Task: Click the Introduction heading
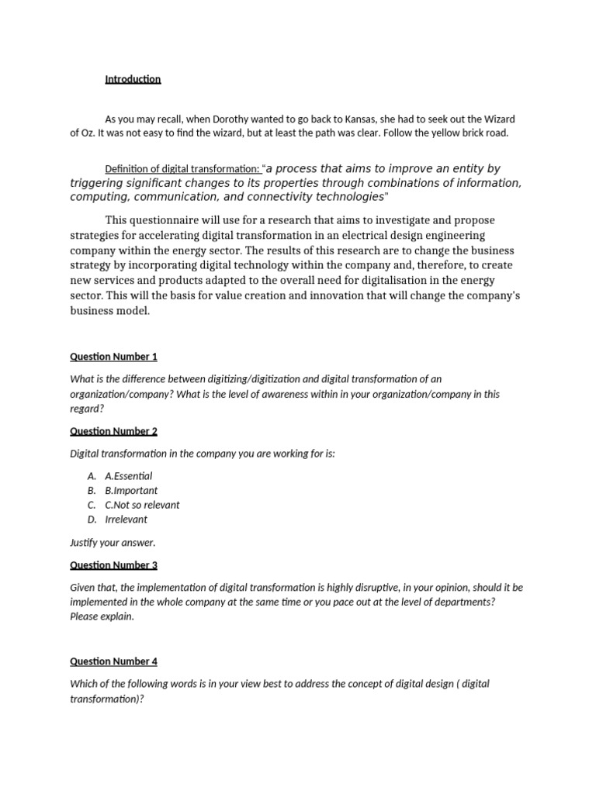133,79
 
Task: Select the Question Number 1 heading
113,357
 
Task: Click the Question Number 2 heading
113,431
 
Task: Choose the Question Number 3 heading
113,565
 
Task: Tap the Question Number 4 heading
113,661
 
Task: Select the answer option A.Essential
128,476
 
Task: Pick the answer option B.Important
131,491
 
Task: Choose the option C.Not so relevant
142,505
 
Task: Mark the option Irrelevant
126,520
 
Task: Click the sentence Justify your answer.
113,543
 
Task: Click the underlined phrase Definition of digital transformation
182,170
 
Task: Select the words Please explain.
102,616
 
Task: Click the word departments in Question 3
463,602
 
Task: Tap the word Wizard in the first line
498,119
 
